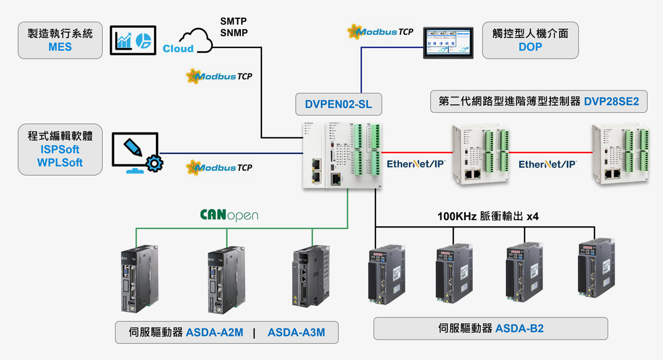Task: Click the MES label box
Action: coord(60,40)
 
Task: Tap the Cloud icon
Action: coord(188,41)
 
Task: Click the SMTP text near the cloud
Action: coord(234,22)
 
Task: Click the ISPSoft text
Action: coord(60,150)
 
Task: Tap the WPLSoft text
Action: coord(60,162)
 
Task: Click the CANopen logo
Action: coord(229,215)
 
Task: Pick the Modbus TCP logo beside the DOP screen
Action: coord(380,31)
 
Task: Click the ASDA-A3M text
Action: coord(296,332)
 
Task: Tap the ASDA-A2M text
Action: coord(214,332)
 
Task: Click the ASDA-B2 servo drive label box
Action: coord(491,329)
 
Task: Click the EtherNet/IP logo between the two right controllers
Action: coord(548,164)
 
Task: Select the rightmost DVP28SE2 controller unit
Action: coord(619,153)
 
